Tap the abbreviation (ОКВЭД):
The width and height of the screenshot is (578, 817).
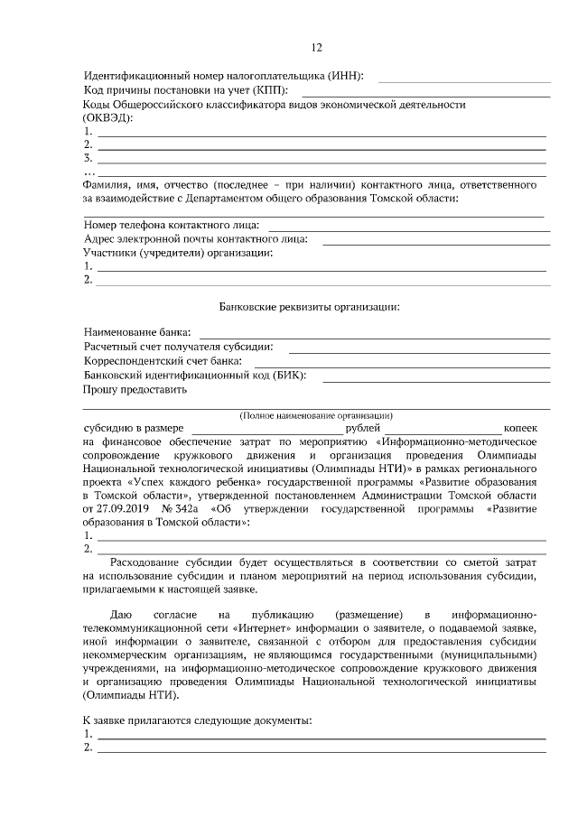coord(108,118)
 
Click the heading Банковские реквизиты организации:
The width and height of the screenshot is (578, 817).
coord(310,307)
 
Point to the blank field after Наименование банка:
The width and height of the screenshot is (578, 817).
coord(379,335)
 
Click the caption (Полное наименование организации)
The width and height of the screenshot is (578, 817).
coord(310,414)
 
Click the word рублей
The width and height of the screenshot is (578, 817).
coord(364,428)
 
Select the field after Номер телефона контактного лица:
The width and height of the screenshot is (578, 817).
coord(408,226)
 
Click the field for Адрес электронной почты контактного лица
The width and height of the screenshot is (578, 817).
coord(436,240)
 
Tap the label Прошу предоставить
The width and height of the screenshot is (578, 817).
coord(135,390)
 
